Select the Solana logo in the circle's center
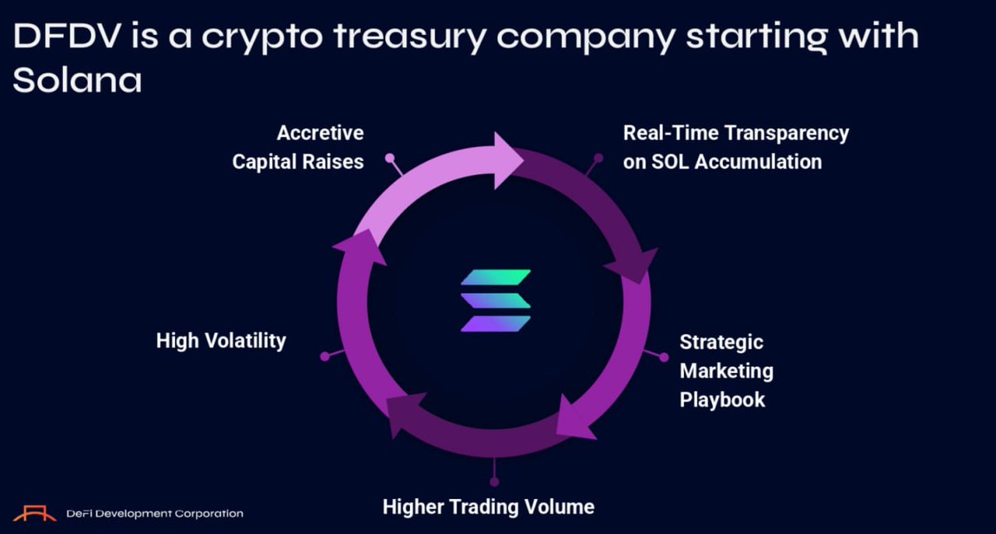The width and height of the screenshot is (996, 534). [x=496, y=301]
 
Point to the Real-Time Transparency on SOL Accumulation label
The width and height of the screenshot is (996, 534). [x=735, y=147]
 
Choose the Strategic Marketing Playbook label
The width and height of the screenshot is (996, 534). [x=726, y=370]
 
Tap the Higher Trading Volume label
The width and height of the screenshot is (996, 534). [x=488, y=506]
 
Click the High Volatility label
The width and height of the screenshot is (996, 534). [x=221, y=340]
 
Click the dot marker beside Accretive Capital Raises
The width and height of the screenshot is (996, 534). [x=388, y=155]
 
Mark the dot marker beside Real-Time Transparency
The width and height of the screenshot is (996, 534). [x=598, y=156]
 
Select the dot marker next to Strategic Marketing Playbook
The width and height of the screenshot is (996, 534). [x=664, y=356]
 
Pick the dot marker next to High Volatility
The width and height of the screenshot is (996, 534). [x=325, y=356]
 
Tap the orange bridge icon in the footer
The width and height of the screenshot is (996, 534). [x=35, y=513]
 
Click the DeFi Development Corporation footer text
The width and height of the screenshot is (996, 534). [x=154, y=514]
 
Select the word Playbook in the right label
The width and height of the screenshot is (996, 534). [x=722, y=399]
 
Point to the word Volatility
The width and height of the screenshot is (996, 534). [x=248, y=340]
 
